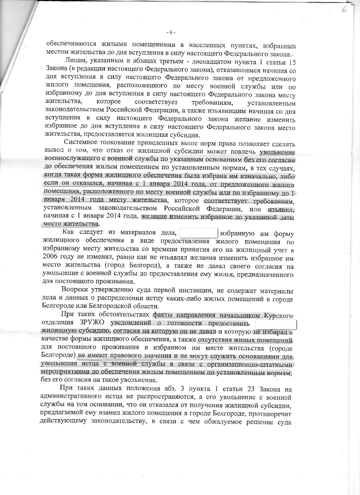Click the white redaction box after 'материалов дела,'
tap(198, 233)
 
